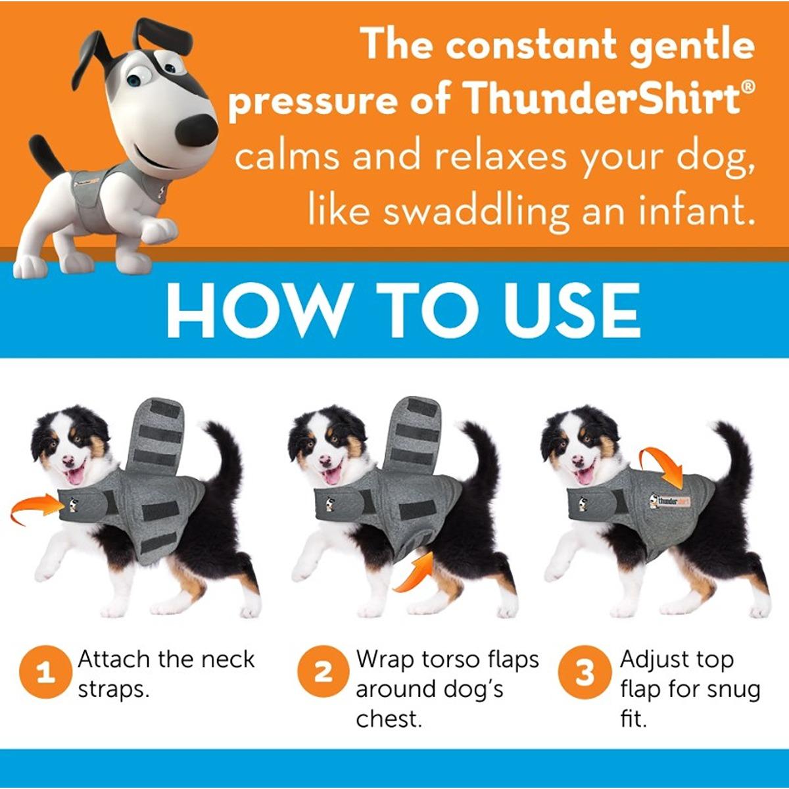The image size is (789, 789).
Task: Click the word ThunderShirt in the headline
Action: pos(599,99)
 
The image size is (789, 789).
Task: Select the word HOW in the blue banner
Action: pos(254,310)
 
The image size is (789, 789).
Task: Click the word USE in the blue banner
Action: pos(572,310)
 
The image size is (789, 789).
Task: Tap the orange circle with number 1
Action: pos(43,673)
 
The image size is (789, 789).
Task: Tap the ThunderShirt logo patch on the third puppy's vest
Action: pos(670,501)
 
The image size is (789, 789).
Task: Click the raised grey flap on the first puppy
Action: pos(155,436)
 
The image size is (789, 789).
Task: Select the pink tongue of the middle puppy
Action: pos(333,476)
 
